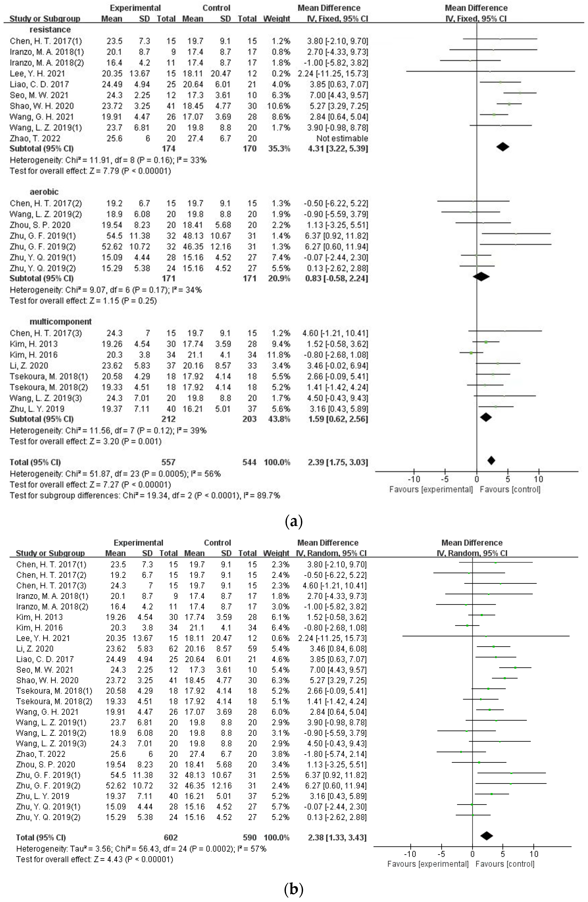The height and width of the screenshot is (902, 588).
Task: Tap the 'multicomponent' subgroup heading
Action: [x=61, y=322]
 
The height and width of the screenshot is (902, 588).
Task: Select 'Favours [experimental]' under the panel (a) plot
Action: [x=431, y=489]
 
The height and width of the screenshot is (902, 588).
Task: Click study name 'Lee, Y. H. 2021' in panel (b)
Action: [x=43, y=638]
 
